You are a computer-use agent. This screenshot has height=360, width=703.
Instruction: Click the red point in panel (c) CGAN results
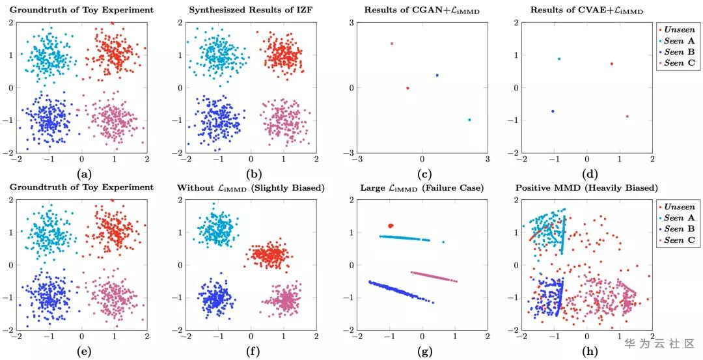point(407,88)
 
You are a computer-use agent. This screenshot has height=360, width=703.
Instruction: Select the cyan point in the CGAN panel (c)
point(469,120)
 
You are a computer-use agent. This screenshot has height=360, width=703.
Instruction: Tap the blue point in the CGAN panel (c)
point(437,76)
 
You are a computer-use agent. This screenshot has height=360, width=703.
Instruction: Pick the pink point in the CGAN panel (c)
point(392,44)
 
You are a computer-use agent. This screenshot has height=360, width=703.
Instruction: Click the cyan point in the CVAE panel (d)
point(559,59)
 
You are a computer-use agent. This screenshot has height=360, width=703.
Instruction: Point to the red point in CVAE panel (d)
point(612,64)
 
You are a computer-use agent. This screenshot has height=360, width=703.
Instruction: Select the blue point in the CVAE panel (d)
point(553,111)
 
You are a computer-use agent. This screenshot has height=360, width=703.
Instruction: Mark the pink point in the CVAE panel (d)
point(627,117)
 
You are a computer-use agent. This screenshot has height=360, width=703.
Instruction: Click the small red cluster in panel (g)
point(391,225)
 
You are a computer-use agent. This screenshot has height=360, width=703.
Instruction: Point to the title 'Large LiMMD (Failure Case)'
point(422,187)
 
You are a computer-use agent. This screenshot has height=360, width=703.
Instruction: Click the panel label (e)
point(84,353)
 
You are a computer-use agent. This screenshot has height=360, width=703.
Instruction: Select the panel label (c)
point(422,174)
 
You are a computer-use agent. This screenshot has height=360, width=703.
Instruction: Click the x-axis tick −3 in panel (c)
point(356,159)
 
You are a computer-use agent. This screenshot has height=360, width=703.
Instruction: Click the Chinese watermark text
point(659,343)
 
